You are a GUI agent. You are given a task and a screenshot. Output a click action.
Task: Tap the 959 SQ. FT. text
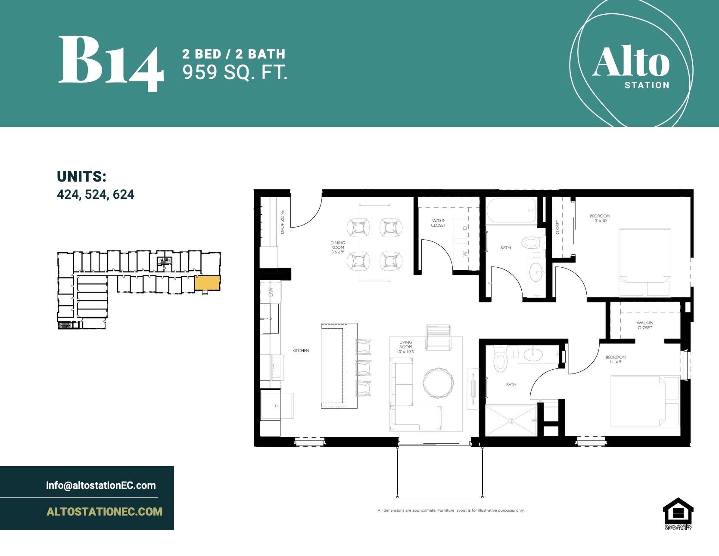[x=235, y=72]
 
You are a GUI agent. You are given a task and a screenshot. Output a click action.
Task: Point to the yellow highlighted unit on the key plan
[x=207, y=283]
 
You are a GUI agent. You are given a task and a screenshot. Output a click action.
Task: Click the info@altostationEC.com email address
[x=101, y=485]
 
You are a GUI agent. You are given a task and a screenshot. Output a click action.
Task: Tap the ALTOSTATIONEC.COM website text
[x=104, y=512]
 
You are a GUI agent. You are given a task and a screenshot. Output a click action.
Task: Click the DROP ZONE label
[x=283, y=222]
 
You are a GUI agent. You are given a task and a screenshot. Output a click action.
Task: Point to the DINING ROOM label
[x=338, y=247]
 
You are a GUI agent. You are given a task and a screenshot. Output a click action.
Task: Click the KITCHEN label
[x=301, y=351]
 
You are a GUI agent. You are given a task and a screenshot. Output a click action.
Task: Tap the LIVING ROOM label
[x=405, y=347]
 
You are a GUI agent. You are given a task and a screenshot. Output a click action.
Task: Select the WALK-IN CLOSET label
[x=644, y=325]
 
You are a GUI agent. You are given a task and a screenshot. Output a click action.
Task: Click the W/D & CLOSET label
[x=438, y=223]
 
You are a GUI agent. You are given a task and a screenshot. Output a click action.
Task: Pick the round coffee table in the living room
[x=439, y=382]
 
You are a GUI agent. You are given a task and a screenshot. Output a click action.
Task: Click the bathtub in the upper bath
[x=511, y=210]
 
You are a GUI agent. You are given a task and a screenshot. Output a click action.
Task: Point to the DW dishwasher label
[x=271, y=292]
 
